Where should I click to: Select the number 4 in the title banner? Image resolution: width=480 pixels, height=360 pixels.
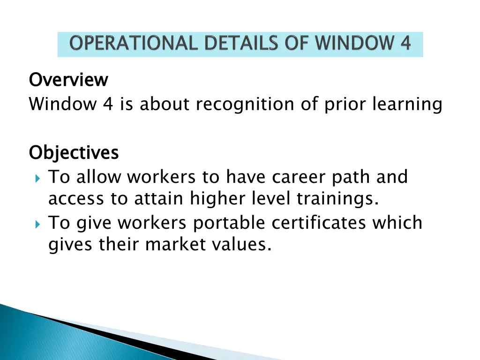pyautogui.click(x=405, y=44)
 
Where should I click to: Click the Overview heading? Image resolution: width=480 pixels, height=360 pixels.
pyautogui.click(x=68, y=80)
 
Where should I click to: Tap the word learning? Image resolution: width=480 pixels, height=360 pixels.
pyautogui.click(x=407, y=105)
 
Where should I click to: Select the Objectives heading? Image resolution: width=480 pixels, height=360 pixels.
pyautogui.click(x=74, y=153)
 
